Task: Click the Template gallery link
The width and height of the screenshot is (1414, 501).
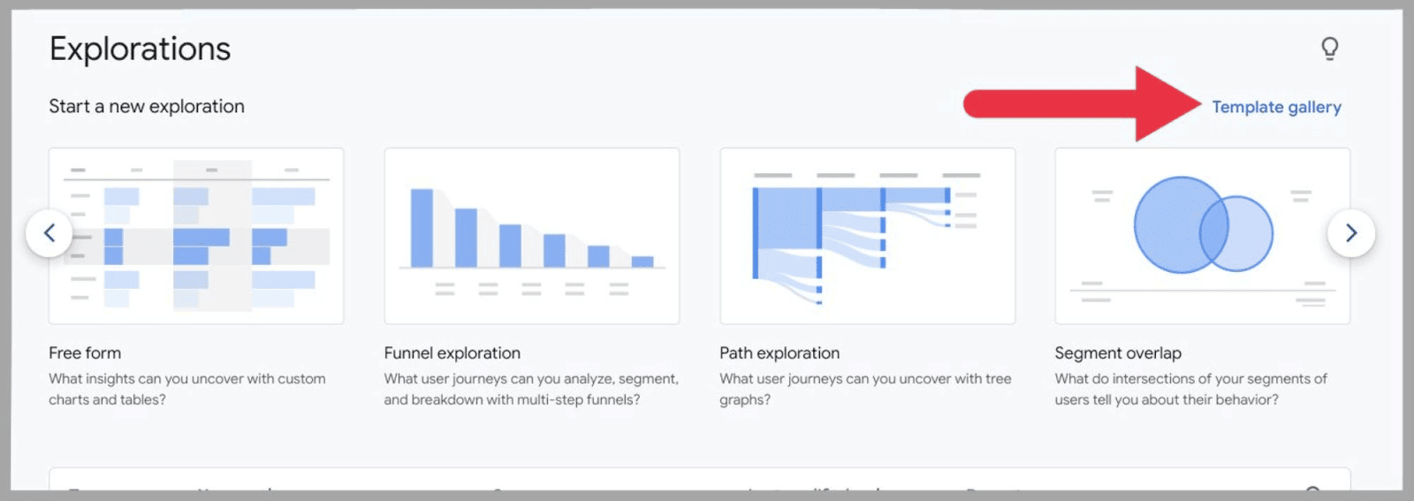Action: pos(1276,107)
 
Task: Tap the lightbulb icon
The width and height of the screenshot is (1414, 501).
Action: pos(1329,48)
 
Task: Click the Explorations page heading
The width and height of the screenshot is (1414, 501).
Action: pos(140,49)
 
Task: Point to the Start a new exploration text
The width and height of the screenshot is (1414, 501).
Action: pos(147,106)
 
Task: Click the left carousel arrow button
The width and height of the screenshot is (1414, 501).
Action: pos(49,233)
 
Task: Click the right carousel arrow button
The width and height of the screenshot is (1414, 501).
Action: pos(1350,233)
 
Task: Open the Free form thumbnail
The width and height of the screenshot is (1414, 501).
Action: pos(196,236)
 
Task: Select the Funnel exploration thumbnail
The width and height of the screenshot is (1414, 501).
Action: pos(531,236)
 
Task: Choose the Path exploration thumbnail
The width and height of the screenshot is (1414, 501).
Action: pos(867,236)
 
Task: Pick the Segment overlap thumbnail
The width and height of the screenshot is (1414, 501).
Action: pos(1202,236)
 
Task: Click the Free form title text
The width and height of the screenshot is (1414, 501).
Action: pos(85,353)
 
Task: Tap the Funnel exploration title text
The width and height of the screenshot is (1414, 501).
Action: pos(452,353)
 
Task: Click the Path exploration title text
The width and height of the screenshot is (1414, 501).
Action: pos(779,353)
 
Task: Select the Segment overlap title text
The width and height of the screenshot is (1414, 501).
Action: pos(1117,353)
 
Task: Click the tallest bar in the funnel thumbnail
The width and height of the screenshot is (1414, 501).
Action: pos(422,228)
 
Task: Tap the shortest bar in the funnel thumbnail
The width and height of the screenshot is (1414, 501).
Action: pos(642,262)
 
